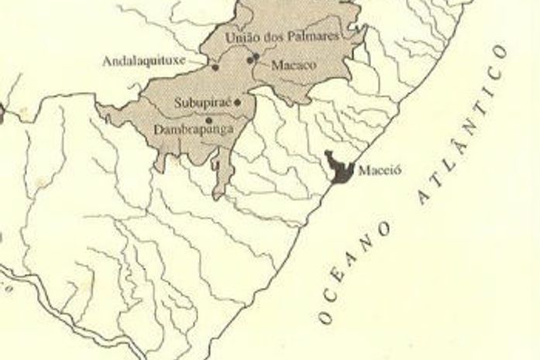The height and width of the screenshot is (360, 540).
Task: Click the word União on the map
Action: pyautogui.click(x=239, y=37)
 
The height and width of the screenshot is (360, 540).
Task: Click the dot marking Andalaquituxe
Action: pyautogui.click(x=215, y=68)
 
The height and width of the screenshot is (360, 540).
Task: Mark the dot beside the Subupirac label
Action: pyautogui.click(x=237, y=101)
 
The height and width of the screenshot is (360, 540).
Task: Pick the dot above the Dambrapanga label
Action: pyautogui.click(x=209, y=119)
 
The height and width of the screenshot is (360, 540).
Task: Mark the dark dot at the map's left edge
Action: pyautogui.click(x=2, y=116)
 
